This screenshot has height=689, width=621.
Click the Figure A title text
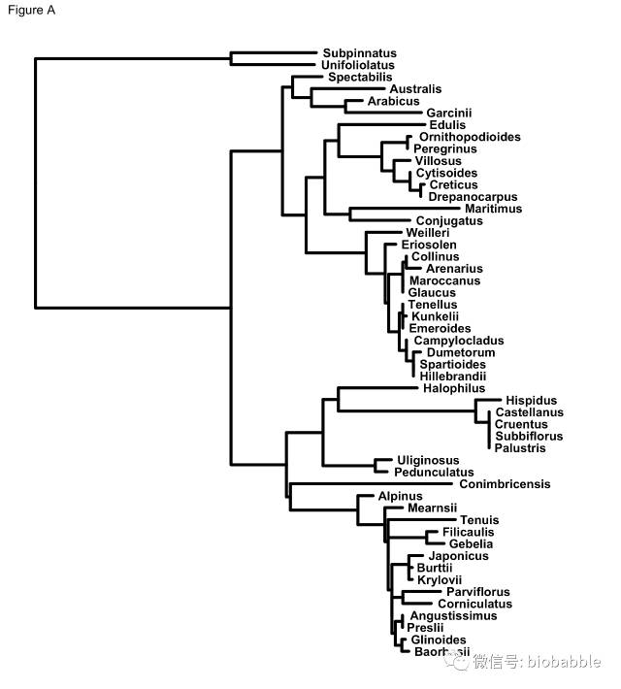click(30, 12)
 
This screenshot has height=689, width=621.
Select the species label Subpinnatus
click(359, 53)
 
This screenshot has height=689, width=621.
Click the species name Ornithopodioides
click(470, 137)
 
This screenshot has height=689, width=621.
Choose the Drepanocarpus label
click(473, 197)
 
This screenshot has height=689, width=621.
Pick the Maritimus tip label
click(493, 209)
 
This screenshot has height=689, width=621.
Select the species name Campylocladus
click(459, 341)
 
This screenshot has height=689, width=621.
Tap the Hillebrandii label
click(452, 377)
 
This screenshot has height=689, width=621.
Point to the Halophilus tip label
click(453, 388)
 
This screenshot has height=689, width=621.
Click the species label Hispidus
click(531, 400)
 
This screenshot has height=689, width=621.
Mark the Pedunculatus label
click(434, 472)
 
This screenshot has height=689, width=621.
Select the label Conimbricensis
click(505, 483)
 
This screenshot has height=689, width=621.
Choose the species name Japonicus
click(451, 556)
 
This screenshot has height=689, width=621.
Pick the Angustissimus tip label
click(453, 615)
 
